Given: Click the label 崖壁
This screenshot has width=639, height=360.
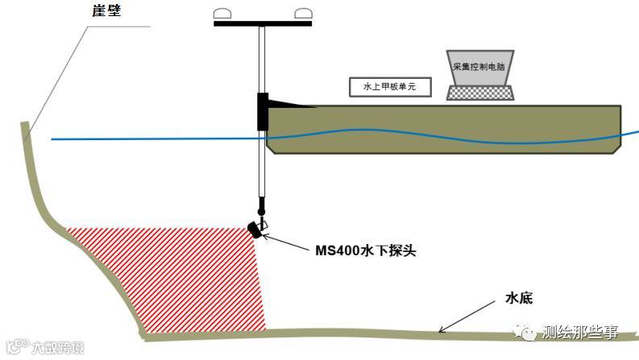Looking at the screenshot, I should point(105,11).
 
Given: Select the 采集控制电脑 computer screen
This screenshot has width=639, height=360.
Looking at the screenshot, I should point(479,68).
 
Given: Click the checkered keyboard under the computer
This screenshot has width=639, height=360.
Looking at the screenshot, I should point(480,93).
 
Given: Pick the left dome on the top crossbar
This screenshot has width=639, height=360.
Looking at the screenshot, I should point(223,14).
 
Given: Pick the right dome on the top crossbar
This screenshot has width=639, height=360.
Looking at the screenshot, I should point(303,14).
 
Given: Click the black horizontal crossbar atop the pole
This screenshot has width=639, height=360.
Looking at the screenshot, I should point(263,23).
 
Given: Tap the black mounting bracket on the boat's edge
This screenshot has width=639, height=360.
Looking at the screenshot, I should point(263,111).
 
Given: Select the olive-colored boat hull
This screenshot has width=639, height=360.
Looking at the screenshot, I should point(443,129).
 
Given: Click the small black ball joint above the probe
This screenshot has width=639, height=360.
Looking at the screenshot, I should point(260,211).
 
